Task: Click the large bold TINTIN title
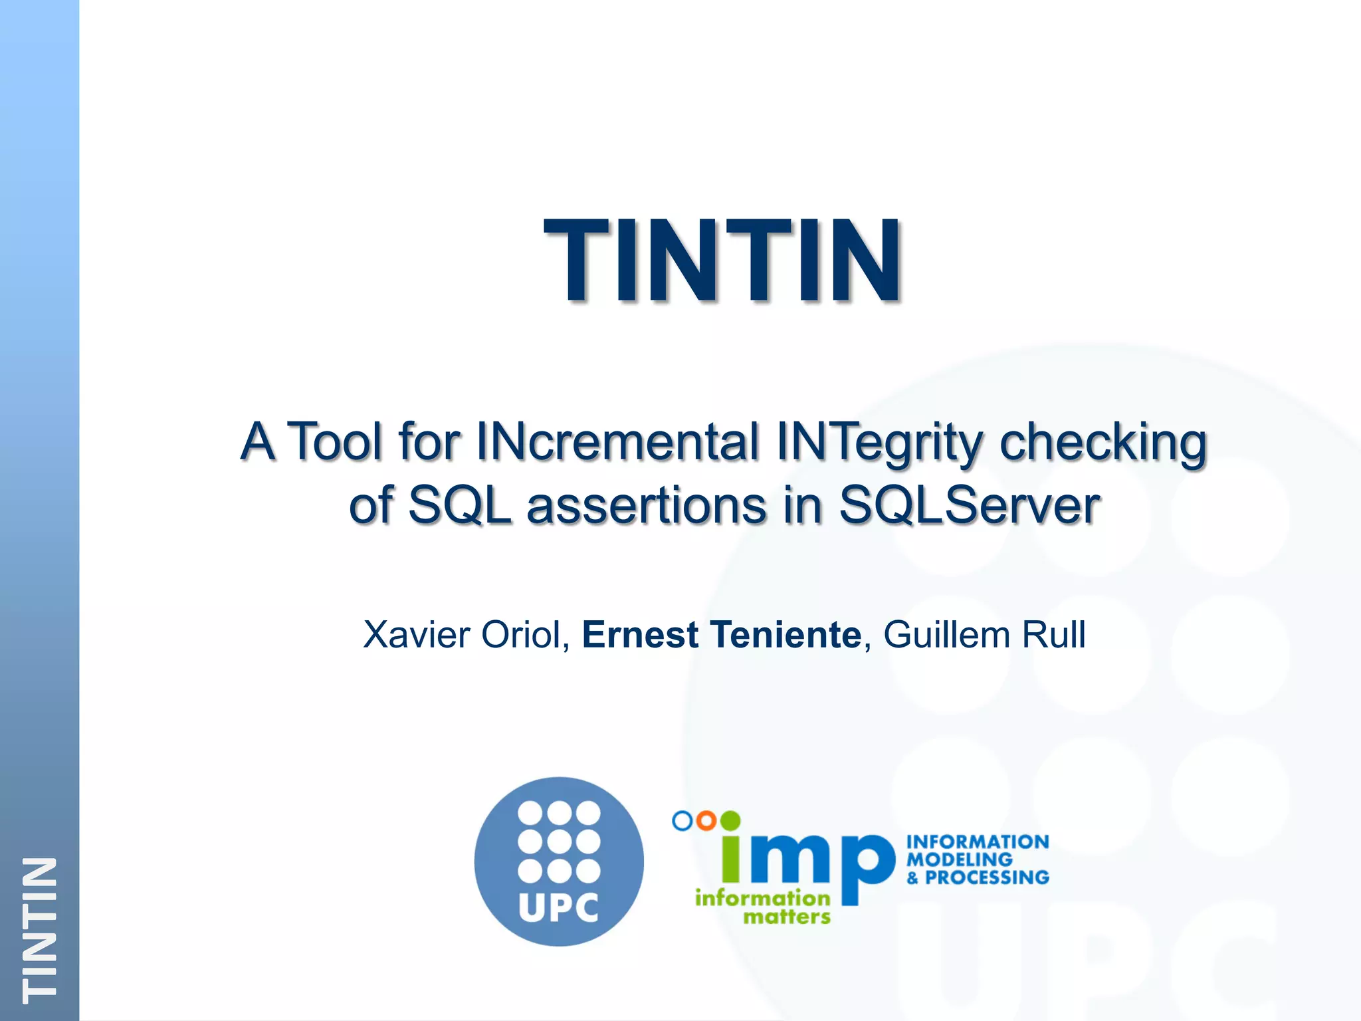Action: (723, 260)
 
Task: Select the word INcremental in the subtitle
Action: (617, 441)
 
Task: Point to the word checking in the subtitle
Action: (1102, 443)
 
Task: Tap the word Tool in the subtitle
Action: (337, 441)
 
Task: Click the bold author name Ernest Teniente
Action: (722, 634)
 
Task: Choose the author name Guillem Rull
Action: (984, 634)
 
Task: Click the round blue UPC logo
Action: (559, 861)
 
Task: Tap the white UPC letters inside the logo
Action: (558, 907)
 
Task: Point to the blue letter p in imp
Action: (867, 867)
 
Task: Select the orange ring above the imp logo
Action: (706, 821)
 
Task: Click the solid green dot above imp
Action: (730, 821)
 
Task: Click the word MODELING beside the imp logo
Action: (960, 859)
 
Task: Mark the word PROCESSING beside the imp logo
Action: (987, 877)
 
